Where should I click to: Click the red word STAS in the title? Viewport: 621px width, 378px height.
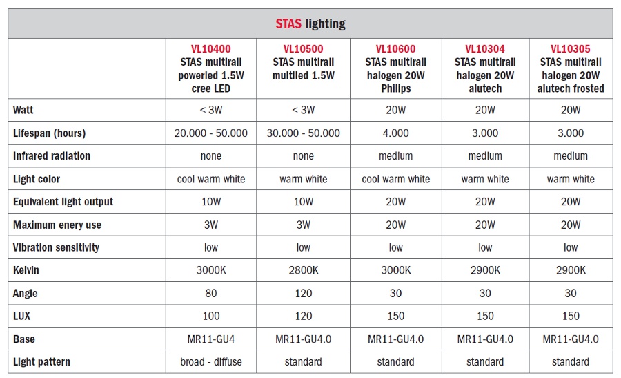point(288,23)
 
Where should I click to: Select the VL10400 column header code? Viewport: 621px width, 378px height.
point(210,49)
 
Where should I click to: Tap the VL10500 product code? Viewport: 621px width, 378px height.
point(303,49)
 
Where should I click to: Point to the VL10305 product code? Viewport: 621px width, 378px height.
point(571,49)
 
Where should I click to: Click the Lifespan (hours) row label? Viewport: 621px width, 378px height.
point(49,133)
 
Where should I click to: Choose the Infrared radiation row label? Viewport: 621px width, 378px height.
point(52,156)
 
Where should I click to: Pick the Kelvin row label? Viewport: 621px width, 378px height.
point(26,270)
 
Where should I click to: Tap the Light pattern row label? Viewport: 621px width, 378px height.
point(41,361)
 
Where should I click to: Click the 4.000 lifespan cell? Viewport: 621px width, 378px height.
point(395,133)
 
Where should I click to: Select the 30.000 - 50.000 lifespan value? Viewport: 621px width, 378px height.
point(303,133)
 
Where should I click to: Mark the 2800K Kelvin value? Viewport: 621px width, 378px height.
point(303,270)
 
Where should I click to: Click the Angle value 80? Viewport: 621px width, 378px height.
point(210,293)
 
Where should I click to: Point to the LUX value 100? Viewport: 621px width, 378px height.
point(210,316)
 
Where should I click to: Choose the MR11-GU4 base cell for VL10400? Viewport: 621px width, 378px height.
point(210,339)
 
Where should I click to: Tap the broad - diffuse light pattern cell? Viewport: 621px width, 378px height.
point(210,361)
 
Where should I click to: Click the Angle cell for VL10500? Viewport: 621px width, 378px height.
point(303,293)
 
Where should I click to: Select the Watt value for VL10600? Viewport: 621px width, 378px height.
point(395,110)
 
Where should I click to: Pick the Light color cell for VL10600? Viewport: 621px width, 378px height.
point(395,179)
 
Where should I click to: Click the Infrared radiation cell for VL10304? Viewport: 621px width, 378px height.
point(485,156)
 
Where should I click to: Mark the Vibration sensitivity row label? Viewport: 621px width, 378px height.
point(56,247)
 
